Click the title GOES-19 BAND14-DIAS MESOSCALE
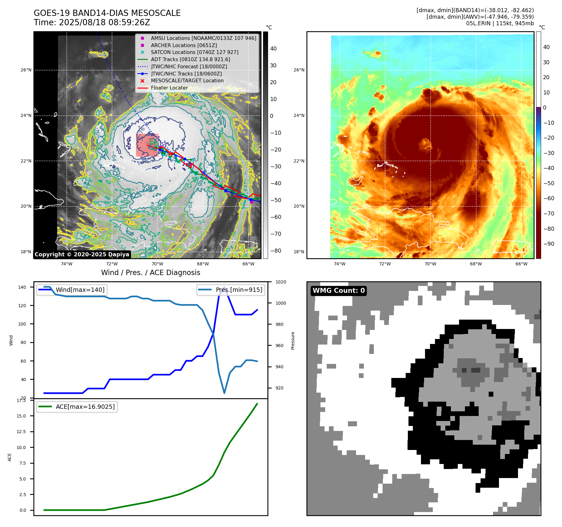pyautogui.click(x=107, y=13)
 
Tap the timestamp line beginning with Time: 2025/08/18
pyautogui.click(x=92, y=22)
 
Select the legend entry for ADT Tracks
pyautogui.click(x=190, y=59)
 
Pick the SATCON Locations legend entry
pyautogui.click(x=194, y=52)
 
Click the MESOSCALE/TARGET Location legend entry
pyautogui.click(x=187, y=80)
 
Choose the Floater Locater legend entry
pyautogui.click(x=169, y=88)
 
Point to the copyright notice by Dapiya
pyautogui.click(x=82, y=254)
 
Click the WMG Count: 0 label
pyautogui.click(x=339, y=291)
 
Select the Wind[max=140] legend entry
pyautogui.click(x=80, y=290)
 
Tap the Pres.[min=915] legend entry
pyautogui.click(x=239, y=290)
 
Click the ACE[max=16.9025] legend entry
pyautogui.click(x=85, y=407)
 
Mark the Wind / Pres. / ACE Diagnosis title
pyautogui.click(x=150, y=273)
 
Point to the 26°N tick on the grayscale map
pyautogui.click(x=26, y=70)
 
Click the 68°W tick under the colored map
pyautogui.click(x=476, y=264)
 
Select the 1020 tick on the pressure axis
pyautogui.click(x=281, y=282)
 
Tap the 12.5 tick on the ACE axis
pyautogui.click(x=21, y=432)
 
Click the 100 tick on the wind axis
pyautogui.click(x=22, y=324)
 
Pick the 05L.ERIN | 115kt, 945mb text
pyautogui.click(x=500, y=23)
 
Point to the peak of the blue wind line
pyautogui.click(x=224, y=287)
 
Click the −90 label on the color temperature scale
pyautogui.click(x=549, y=244)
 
